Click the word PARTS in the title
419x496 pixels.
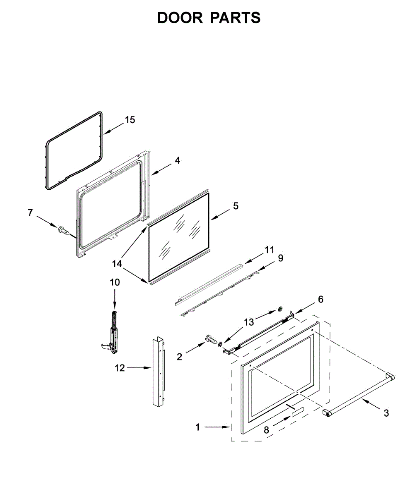coord(235,18)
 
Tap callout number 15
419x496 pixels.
coord(130,120)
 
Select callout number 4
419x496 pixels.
coord(177,160)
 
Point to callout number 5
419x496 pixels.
coord(235,205)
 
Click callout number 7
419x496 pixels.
coord(30,212)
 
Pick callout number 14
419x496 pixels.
coord(118,263)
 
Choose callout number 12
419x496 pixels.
coord(120,367)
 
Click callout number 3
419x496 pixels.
coord(386,413)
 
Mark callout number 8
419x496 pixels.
coord(266,430)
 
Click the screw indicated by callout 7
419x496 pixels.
coord(63,231)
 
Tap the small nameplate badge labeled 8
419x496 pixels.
coord(297,411)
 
